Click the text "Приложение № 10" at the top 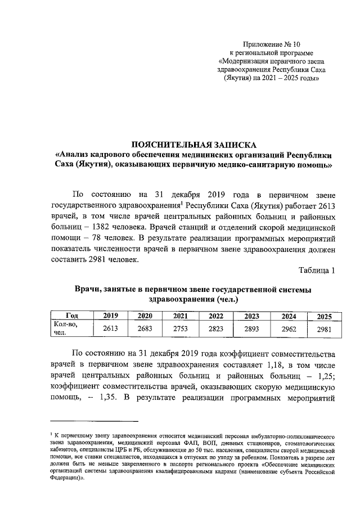(272, 43)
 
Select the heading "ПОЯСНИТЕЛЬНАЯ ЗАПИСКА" (193, 144)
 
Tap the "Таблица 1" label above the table (317, 271)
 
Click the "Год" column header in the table (71, 316)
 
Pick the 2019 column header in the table (110, 316)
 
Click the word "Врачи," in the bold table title (89, 289)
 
